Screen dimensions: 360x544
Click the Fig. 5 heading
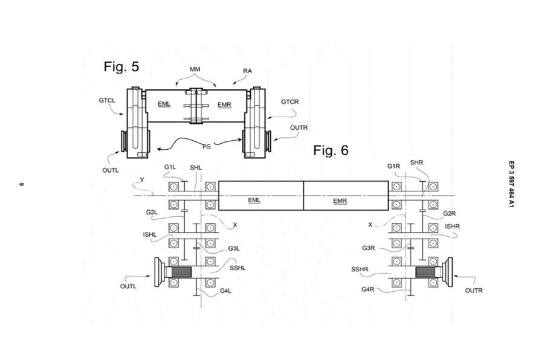point(121,66)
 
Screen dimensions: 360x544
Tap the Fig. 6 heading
point(331,150)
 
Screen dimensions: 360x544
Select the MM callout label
point(195,69)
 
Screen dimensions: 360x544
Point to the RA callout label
point(247,71)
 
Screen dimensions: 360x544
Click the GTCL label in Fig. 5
point(107,101)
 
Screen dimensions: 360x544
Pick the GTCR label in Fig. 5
point(290,102)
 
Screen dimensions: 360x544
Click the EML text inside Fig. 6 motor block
point(254,199)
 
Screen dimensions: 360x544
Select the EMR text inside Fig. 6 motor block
point(340,201)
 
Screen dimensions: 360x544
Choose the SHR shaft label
point(416,162)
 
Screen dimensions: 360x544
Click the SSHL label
point(238,268)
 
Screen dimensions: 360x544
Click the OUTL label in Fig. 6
point(128,286)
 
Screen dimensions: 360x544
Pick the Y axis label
point(141,179)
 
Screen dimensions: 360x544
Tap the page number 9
point(21,184)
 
